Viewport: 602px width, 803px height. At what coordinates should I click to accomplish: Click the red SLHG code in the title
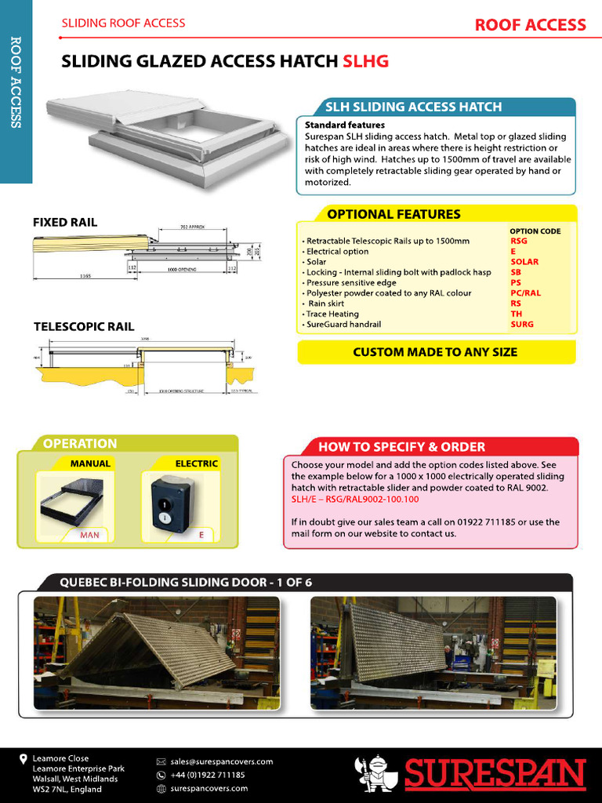[x=365, y=61]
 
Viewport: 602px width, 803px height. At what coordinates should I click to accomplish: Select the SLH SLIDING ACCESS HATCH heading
[x=413, y=107]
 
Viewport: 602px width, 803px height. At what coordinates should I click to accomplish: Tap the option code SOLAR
[x=524, y=262]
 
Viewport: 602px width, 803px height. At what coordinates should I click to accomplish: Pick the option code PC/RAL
[x=525, y=293]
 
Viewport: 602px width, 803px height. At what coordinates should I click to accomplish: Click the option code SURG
[x=521, y=324]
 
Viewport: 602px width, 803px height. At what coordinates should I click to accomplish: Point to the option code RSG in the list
[x=519, y=242]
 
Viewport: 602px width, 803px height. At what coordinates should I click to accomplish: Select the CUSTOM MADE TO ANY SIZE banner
[x=435, y=352]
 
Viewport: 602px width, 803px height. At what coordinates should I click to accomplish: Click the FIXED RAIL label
[x=65, y=223]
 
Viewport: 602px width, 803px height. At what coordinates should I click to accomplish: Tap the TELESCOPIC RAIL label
[x=84, y=327]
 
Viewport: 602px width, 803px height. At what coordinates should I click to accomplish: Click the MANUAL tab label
[x=90, y=463]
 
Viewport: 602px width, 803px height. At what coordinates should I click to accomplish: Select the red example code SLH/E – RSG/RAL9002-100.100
[x=355, y=499]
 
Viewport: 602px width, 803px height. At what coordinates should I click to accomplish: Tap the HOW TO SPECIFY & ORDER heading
[x=401, y=447]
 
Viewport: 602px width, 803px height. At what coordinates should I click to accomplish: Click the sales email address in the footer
[x=221, y=761]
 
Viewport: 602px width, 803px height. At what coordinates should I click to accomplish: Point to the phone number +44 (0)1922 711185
[x=207, y=775]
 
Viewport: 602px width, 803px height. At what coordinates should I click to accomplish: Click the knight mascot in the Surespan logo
[x=375, y=773]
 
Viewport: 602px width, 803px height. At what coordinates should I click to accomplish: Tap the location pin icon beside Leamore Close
[x=24, y=759]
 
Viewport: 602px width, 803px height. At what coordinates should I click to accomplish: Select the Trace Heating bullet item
[x=332, y=314]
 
